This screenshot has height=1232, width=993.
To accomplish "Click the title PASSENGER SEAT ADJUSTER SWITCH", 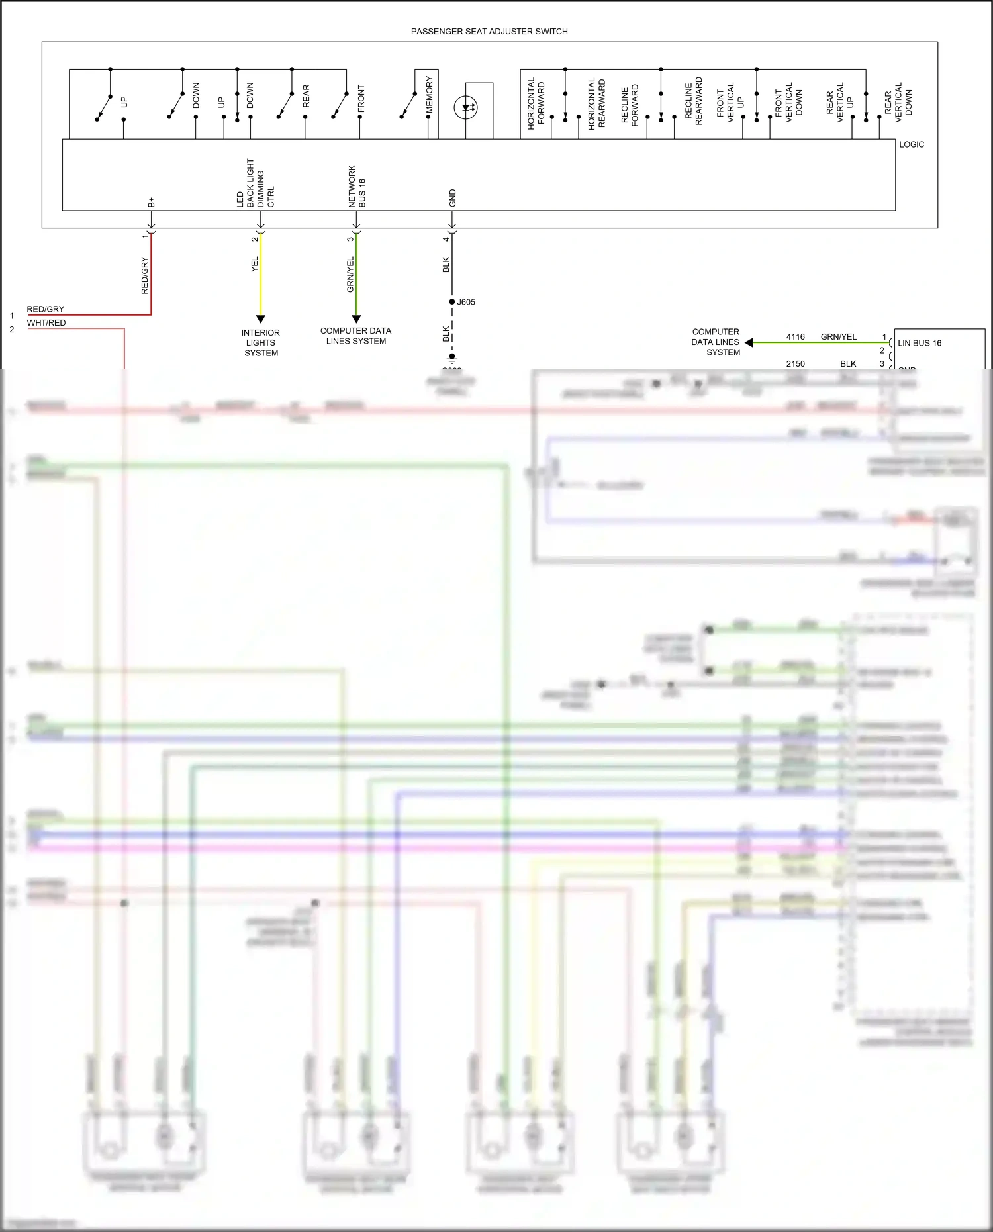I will [x=489, y=32].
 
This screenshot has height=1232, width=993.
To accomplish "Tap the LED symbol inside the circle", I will [x=466, y=107].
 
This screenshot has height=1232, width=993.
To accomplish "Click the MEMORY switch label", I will [x=429, y=94].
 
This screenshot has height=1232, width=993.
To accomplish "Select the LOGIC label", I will [x=911, y=144].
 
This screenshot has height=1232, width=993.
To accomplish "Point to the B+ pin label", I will [x=152, y=202].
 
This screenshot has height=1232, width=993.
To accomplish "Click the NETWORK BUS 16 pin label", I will [x=357, y=187].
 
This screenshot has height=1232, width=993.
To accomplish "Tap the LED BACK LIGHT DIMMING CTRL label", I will [x=255, y=183].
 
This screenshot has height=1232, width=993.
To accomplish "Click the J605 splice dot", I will [x=452, y=302].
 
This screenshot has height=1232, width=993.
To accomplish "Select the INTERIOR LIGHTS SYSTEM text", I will [x=261, y=343].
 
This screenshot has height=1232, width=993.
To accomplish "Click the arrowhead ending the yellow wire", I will [x=261, y=319].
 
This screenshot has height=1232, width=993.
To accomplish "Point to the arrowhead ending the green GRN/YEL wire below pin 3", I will [x=356, y=319].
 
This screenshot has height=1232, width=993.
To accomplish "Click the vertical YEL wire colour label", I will [x=255, y=265].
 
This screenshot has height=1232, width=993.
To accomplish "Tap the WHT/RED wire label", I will [x=46, y=323].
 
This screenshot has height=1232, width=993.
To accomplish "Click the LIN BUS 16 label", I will [x=920, y=343].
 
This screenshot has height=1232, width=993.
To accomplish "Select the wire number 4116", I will [x=795, y=337].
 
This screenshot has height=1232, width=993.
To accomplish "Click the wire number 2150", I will [x=795, y=364].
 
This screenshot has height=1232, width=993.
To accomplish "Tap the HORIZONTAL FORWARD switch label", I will [x=536, y=103].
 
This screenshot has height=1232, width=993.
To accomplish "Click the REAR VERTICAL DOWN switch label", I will [x=903, y=103].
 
